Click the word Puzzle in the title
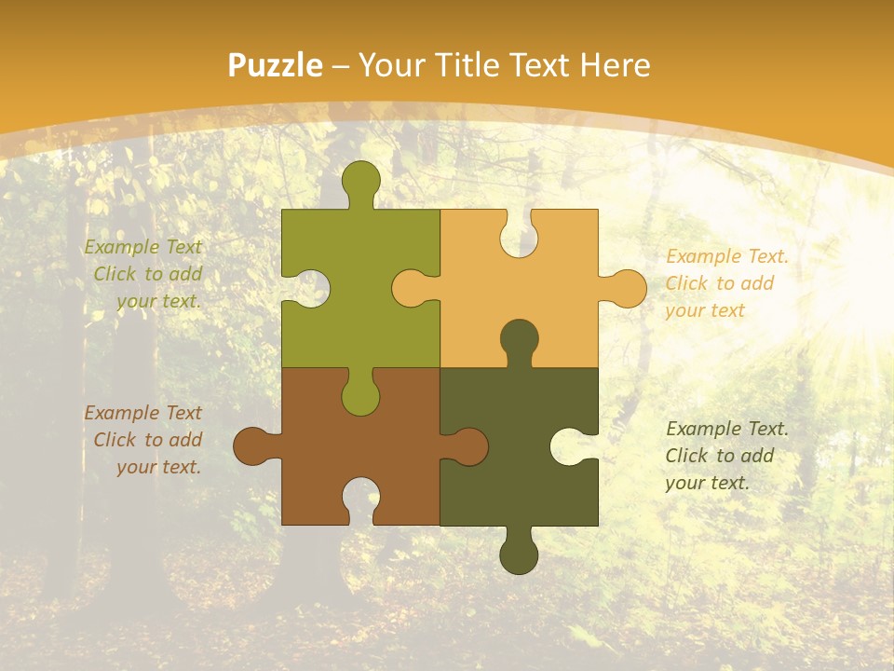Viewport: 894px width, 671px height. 275,65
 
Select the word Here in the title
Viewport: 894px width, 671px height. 615,65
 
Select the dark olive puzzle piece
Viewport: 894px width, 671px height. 503,466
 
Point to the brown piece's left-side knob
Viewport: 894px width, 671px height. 252,446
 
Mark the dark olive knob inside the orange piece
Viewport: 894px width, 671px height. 519,339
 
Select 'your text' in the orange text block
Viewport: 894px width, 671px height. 705,310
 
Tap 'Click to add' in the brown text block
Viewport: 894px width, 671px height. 147,440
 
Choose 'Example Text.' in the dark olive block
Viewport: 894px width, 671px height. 727,429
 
